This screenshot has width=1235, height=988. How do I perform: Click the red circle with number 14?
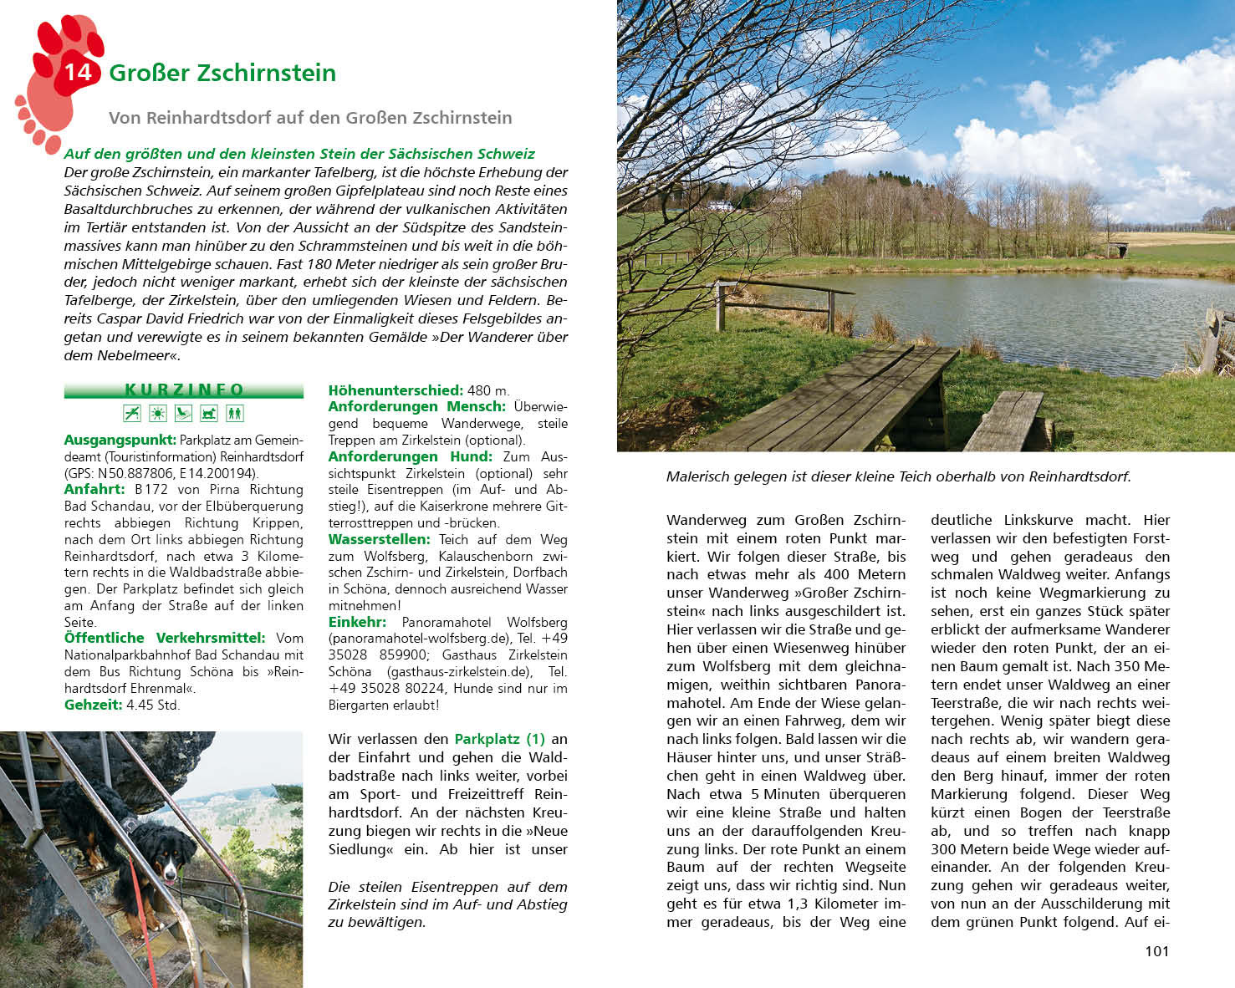click(x=77, y=72)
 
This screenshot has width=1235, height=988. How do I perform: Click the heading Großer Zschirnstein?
click(x=222, y=74)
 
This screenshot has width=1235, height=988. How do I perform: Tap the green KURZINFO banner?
click(x=184, y=390)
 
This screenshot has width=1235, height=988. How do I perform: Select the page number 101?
click(x=1156, y=951)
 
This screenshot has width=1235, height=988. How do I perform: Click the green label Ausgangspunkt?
click(x=120, y=440)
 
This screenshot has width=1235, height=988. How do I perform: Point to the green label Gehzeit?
click(x=94, y=705)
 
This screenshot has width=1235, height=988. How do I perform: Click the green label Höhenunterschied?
click(x=396, y=390)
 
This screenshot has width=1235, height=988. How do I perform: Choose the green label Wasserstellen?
click(x=379, y=539)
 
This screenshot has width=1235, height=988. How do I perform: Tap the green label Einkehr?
click(x=357, y=622)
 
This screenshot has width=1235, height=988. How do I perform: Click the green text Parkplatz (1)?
click(x=499, y=739)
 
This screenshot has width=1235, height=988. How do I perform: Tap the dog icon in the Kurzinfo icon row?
click(x=209, y=413)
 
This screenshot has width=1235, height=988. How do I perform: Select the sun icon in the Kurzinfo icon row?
click(x=157, y=413)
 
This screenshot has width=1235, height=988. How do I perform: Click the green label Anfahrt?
click(x=94, y=490)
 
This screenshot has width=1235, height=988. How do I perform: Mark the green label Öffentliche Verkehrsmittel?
click(x=165, y=638)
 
